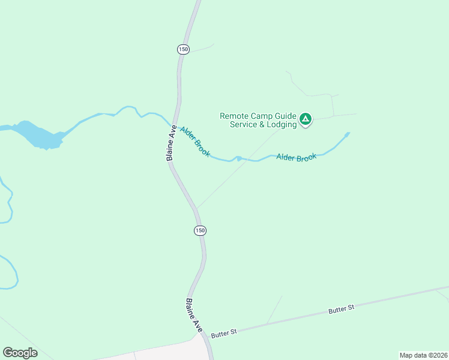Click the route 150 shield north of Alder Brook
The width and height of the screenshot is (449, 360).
183,49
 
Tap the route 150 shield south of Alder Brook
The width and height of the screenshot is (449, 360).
200,230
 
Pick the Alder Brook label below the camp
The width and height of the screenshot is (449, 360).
296,157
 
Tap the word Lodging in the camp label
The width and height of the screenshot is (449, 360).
282,125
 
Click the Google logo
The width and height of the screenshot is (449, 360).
20,352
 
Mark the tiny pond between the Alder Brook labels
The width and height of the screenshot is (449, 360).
239,159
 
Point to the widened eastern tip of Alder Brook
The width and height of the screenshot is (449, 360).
346,135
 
